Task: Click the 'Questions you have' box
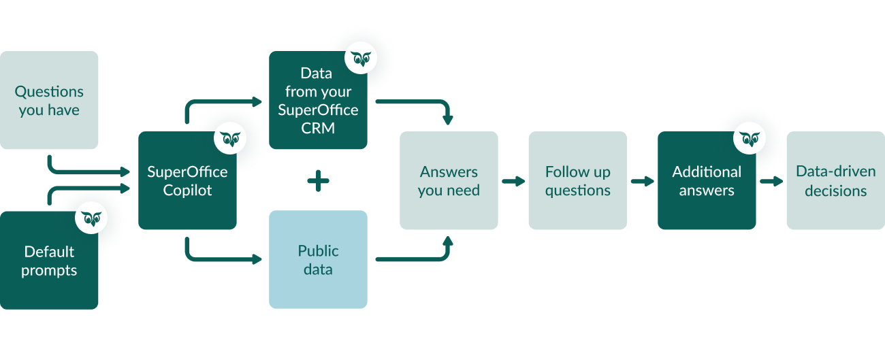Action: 49,101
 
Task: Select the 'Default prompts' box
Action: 49,261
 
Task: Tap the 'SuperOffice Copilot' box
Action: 187,181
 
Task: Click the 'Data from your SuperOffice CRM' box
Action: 318,101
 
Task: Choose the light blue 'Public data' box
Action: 318,260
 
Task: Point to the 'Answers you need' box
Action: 449,181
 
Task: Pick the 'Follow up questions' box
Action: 577,181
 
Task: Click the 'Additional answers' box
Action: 707,181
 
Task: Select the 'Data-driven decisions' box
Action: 835,181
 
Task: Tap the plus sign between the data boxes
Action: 318,181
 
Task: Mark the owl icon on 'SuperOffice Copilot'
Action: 230,139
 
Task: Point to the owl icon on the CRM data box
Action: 361,59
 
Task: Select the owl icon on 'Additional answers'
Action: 750,138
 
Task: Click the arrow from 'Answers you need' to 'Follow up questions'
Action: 514,181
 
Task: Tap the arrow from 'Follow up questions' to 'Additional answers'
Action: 643,181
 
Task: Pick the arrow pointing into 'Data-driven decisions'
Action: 772,181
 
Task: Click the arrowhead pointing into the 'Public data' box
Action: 257,259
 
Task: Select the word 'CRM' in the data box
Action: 318,127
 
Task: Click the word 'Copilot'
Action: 187,191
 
